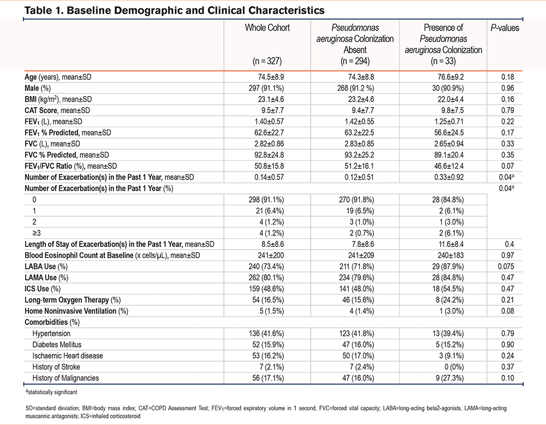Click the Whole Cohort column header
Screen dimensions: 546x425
(267, 28)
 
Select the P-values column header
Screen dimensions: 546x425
(505, 28)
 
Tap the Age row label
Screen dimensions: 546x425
(58, 77)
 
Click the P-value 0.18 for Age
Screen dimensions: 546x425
(507, 77)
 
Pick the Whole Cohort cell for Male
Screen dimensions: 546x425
(266, 88)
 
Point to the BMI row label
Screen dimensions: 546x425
(58, 99)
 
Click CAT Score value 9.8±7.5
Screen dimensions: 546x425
(450, 110)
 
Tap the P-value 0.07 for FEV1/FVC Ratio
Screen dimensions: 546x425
(507, 166)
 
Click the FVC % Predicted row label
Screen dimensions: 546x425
(67, 155)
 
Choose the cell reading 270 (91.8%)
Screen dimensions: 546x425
(356, 199)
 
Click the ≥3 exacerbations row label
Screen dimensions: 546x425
(37, 233)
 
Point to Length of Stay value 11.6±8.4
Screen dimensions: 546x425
(450, 244)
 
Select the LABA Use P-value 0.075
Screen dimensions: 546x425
(506, 267)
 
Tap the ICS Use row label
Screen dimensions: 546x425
(43, 289)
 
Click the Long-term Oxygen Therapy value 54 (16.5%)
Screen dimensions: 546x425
(268, 300)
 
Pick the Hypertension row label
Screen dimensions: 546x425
(51, 333)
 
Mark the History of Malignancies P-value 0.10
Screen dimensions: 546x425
(507, 378)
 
